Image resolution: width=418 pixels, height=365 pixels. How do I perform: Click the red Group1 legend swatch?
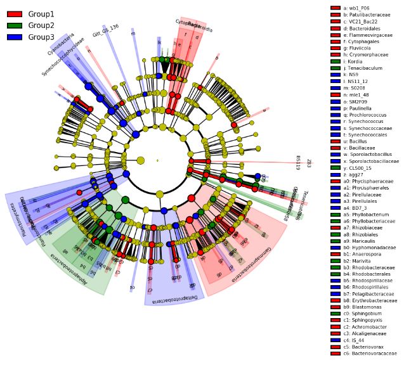pos(15,14)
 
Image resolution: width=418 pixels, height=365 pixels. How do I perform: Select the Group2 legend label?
pos(41,25)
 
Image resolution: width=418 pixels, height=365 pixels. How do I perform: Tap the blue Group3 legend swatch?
pos(15,37)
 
